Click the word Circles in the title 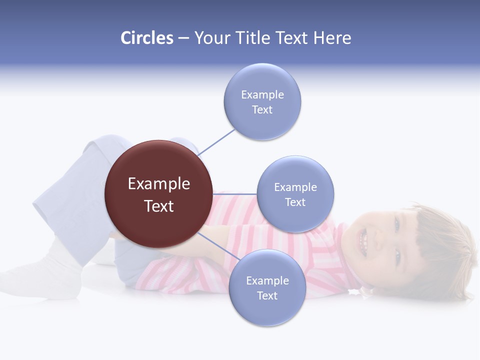click(146, 38)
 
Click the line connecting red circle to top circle click(216, 142)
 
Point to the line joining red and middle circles click(235, 193)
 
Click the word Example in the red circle click(159, 184)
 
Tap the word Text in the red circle click(159, 206)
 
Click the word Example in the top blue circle click(262, 95)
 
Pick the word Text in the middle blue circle click(295, 202)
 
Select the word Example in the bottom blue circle click(267, 281)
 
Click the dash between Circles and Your click(183, 38)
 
